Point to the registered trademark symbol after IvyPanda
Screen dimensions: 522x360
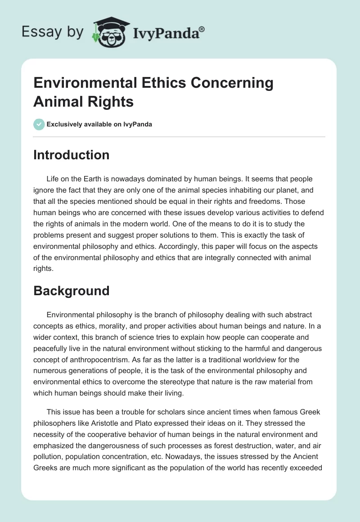click(202, 28)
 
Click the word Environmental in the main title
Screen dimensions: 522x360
click(84, 83)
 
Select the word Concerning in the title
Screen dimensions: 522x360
click(233, 83)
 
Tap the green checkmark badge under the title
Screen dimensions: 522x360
click(39, 124)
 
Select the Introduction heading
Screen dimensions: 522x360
click(72, 155)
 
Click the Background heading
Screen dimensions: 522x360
click(72, 291)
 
